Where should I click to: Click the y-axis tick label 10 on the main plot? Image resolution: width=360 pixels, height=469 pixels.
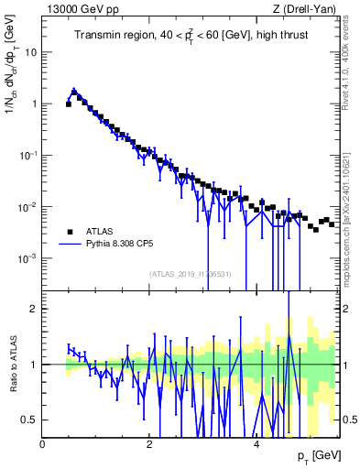29,52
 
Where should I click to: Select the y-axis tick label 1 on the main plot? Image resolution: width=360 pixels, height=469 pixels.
33,104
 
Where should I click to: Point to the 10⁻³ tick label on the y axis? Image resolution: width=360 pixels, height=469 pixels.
27,258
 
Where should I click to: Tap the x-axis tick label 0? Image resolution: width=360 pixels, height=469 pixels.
43,443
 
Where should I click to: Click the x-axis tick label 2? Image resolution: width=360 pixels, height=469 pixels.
149,443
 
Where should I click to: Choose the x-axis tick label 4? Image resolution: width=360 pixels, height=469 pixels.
256,443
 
